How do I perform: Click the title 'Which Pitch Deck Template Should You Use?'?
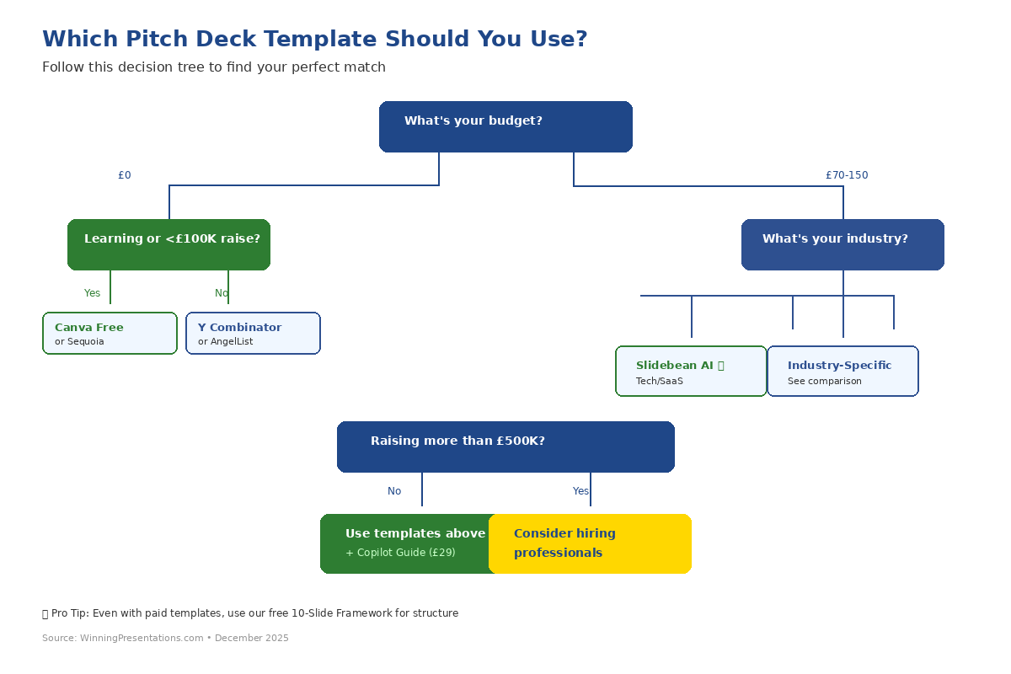pos(314,40)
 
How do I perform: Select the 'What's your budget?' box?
pos(505,126)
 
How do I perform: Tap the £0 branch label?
pos(125,175)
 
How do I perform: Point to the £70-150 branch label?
pos(846,175)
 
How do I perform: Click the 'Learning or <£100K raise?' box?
pos(168,244)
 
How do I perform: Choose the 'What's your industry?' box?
pos(842,244)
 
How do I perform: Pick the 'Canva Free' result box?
pos(110,334)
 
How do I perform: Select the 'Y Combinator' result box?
pos(253,334)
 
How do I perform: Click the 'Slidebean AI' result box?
pos(691,371)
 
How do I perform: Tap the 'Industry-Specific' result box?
pos(842,371)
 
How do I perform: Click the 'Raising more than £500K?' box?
pos(505,447)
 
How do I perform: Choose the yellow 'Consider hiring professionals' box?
pos(590,543)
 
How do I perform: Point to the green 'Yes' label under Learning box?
pos(92,293)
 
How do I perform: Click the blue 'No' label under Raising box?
pos(394,491)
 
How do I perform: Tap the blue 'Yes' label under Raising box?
pos(580,491)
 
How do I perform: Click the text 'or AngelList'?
pos(225,342)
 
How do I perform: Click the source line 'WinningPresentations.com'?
pos(165,639)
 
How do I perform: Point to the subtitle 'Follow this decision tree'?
pos(214,67)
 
